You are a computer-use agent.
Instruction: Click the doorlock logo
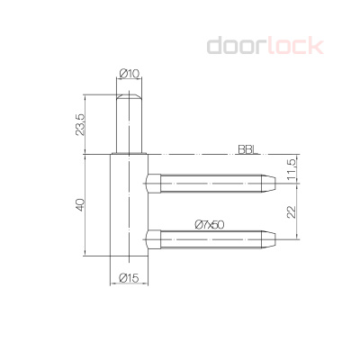tap(264, 44)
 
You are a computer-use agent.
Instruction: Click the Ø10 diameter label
tap(128, 74)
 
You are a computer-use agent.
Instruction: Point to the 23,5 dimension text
tap(81, 122)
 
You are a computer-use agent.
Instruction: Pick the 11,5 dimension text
tap(291, 167)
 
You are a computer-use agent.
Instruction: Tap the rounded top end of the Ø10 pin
tap(129, 93)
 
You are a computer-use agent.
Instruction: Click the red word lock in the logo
tap(293, 44)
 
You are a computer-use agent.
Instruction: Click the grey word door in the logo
tap(236, 44)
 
